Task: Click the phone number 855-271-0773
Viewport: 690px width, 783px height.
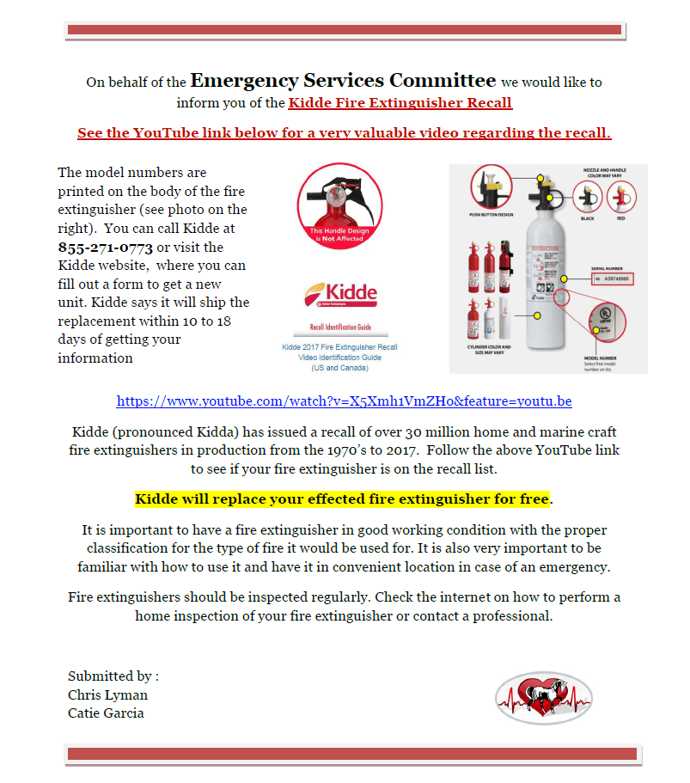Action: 106,248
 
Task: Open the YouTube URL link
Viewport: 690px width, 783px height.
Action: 345,401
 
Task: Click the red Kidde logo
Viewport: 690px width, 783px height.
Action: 340,295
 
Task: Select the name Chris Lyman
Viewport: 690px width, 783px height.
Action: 107,694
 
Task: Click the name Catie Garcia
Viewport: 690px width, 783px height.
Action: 106,713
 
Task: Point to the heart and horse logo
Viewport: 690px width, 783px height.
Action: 543,698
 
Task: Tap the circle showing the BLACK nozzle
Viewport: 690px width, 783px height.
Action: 588,196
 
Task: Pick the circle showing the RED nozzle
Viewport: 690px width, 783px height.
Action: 621,197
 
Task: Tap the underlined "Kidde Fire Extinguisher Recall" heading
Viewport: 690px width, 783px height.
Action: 400,104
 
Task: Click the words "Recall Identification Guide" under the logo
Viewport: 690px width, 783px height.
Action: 340,328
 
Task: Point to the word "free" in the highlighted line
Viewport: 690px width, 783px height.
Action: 534,499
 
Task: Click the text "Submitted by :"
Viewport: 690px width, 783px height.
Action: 113,676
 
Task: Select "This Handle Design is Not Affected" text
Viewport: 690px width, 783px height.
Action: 339,235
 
